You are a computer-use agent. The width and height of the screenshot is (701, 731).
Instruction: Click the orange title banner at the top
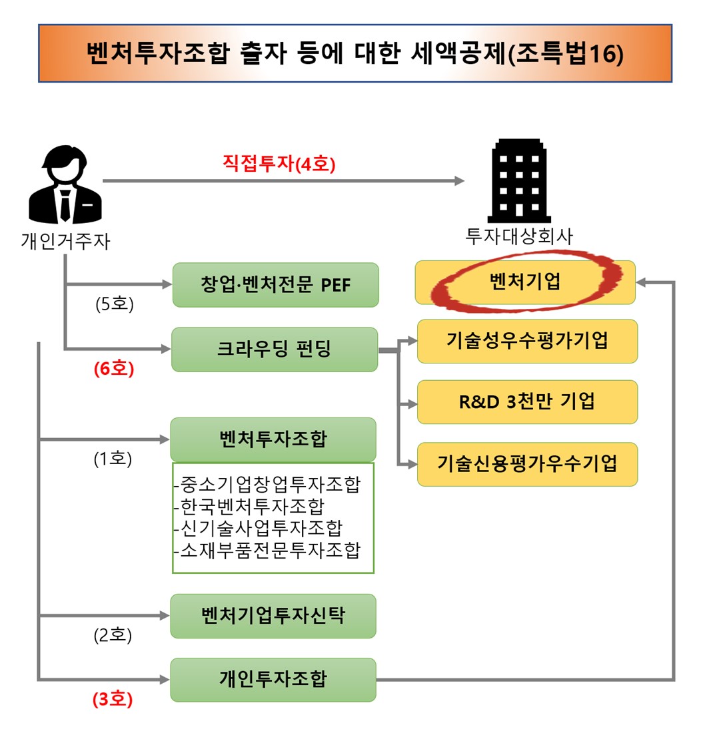point(354,53)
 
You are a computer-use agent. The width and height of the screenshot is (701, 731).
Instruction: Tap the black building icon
point(519,181)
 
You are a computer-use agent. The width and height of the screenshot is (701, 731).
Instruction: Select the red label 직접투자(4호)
point(279,164)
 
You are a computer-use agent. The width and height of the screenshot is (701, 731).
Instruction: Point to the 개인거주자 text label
point(65,241)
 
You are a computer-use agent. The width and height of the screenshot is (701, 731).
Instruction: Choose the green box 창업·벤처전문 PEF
point(275,284)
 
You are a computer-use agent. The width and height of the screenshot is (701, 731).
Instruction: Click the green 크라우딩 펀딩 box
point(275,349)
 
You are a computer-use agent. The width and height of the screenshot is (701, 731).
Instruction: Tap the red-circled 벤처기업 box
point(525,282)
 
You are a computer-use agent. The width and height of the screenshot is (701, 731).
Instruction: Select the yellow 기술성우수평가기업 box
point(527,341)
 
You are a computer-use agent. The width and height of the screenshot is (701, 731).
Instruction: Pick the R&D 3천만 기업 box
point(527,401)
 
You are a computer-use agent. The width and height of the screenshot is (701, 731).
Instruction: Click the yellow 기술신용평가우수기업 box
point(527,463)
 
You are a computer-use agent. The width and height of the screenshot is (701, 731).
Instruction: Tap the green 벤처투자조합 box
point(273,439)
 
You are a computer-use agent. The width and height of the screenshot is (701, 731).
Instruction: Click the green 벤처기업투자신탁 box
point(273,615)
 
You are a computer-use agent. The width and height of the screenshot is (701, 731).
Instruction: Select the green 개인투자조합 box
point(273,679)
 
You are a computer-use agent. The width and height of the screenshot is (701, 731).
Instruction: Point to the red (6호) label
point(113,369)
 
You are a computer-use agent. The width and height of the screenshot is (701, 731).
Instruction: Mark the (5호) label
point(113,305)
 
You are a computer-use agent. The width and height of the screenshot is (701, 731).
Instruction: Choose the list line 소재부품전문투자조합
point(267,550)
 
